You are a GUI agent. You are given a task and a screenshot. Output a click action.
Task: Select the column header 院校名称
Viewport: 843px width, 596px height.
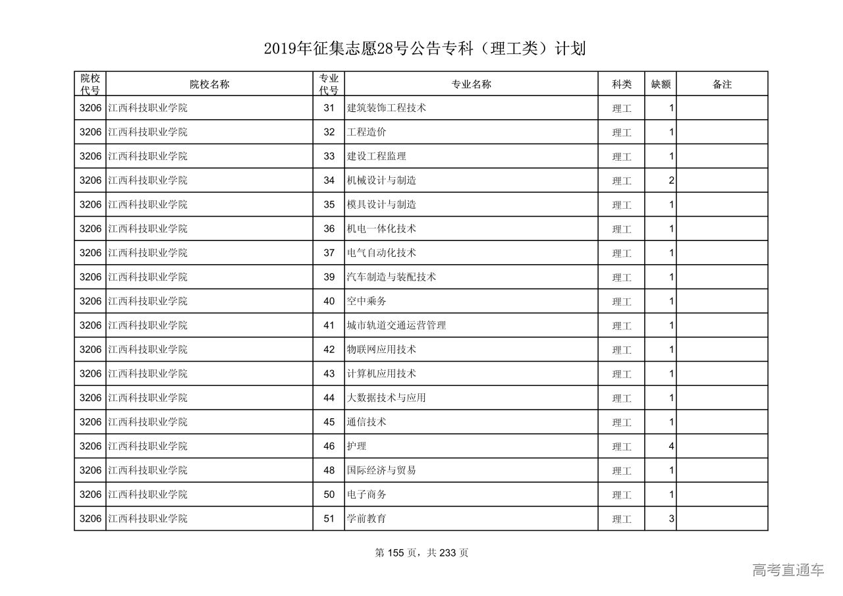click(209, 84)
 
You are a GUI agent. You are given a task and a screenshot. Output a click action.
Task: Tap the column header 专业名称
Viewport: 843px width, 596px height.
click(471, 84)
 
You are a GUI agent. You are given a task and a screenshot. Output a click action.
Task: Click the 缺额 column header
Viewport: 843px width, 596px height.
click(661, 84)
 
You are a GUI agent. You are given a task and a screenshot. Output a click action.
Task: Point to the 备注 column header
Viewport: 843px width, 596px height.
click(722, 84)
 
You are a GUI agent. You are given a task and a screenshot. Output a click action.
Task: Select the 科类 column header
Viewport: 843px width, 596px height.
click(622, 84)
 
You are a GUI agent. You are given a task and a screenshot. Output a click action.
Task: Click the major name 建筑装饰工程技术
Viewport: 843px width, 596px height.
click(387, 108)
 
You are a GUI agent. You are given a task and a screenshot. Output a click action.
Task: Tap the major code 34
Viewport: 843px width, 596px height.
click(329, 180)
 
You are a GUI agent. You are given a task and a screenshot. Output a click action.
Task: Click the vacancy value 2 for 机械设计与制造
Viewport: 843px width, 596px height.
click(671, 180)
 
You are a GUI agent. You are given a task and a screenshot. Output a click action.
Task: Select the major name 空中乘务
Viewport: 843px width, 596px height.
click(367, 301)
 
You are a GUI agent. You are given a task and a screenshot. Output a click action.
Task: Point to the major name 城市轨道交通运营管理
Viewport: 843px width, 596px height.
click(396, 325)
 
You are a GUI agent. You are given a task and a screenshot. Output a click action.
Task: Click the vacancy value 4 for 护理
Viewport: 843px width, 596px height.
click(671, 446)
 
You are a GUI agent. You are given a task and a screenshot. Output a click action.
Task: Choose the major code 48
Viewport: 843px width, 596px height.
click(329, 470)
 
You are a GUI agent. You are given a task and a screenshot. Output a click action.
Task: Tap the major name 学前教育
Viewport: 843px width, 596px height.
click(367, 518)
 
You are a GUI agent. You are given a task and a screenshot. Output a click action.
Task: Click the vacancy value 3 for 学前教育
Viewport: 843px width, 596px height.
click(671, 518)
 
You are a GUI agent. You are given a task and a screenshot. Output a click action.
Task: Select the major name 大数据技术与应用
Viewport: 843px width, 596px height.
click(387, 398)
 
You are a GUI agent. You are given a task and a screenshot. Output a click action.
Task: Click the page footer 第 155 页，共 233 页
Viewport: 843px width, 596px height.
click(421, 553)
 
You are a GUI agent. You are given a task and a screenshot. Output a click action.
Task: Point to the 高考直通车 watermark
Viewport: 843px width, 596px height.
click(788, 570)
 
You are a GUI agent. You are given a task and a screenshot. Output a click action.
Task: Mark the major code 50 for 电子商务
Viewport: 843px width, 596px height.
click(329, 495)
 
